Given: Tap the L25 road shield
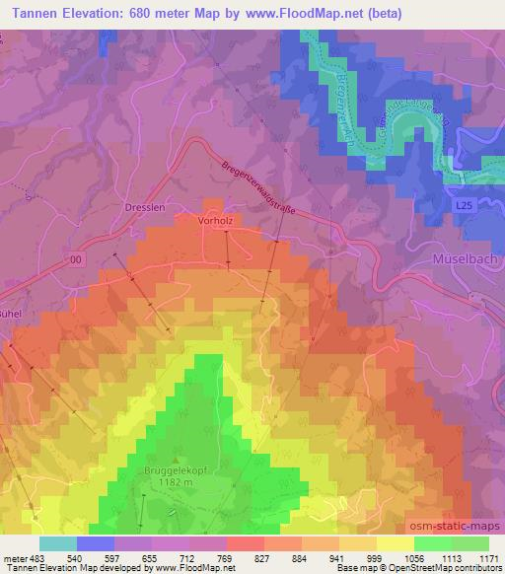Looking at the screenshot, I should point(464,202).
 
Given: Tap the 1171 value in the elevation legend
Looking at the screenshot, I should point(487,558).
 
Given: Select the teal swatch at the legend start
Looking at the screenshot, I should point(58,543).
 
